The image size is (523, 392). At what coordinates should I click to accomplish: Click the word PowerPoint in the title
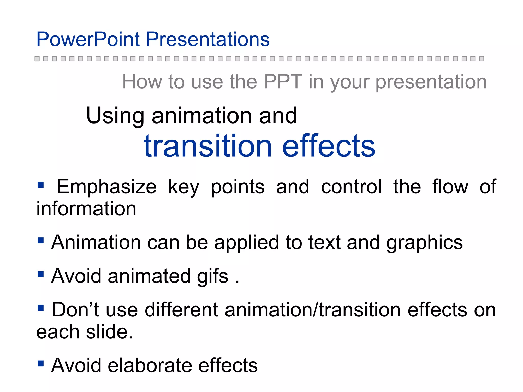click(x=88, y=40)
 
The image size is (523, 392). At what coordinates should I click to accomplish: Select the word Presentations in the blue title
click(x=208, y=40)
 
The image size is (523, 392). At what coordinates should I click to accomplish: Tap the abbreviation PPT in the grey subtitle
click(x=283, y=82)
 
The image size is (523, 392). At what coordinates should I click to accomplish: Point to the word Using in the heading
click(x=115, y=116)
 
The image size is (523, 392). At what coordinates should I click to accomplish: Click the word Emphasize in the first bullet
click(x=106, y=187)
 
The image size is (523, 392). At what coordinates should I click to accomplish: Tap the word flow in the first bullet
click(x=450, y=187)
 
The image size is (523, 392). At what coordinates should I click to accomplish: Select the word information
click(x=86, y=209)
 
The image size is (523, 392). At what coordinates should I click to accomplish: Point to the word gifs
click(x=212, y=276)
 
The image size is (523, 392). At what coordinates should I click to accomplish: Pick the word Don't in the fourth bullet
click(x=76, y=310)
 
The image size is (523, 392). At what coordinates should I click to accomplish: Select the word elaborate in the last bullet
click(x=150, y=365)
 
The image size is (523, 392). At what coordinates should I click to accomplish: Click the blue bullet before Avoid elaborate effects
click(x=41, y=363)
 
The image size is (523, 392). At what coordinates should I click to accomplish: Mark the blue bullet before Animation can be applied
click(x=41, y=240)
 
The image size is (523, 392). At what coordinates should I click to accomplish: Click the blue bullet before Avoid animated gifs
click(x=41, y=274)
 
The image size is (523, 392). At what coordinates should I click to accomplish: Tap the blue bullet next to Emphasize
click(x=41, y=185)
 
